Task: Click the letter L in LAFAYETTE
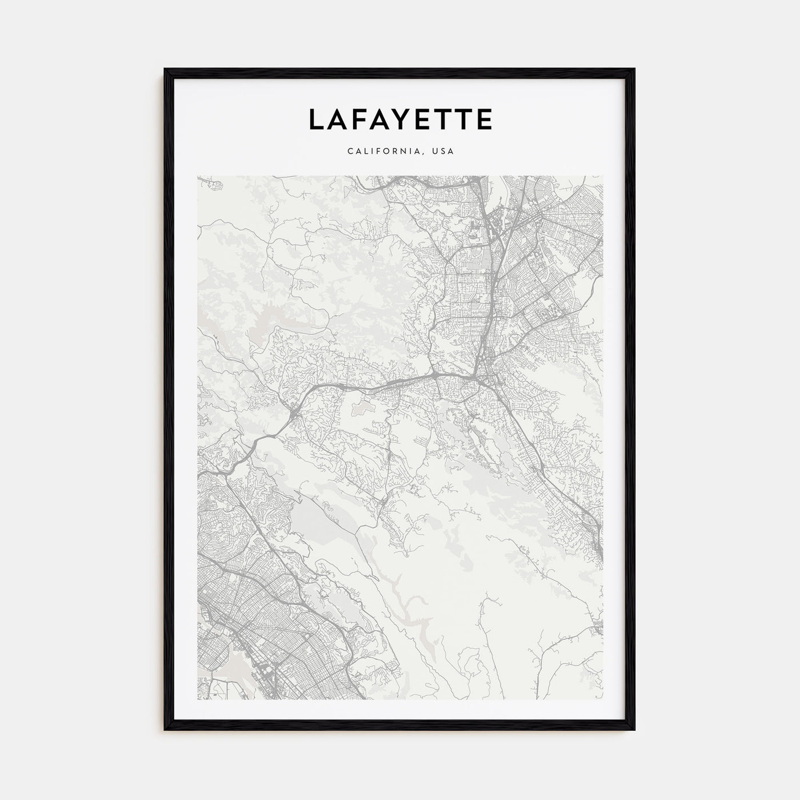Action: tap(316, 119)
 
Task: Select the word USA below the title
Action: tap(443, 151)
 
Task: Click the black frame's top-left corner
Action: tap(166, 70)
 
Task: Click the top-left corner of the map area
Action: tap(197, 176)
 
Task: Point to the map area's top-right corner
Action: tap(603, 176)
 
